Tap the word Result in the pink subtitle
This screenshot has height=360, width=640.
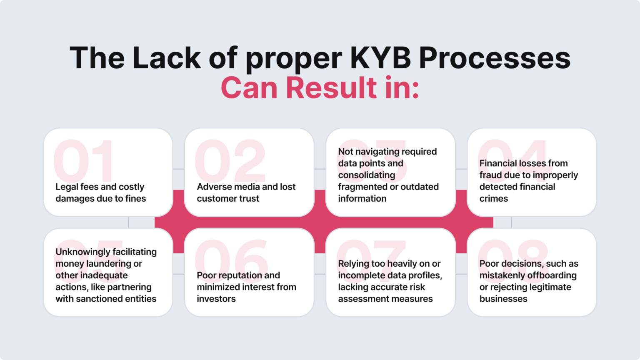tap(331, 88)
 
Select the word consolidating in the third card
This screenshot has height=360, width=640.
tap(366, 175)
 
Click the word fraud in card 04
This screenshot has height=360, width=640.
tap(490, 175)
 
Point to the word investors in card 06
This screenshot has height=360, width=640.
tap(216, 299)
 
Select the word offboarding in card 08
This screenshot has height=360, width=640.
tap(553, 275)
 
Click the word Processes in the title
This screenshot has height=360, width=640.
tap(495, 58)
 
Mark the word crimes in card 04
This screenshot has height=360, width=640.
tap(493, 199)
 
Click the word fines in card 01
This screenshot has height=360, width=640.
tap(136, 199)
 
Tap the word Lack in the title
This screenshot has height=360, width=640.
tap(167, 58)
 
